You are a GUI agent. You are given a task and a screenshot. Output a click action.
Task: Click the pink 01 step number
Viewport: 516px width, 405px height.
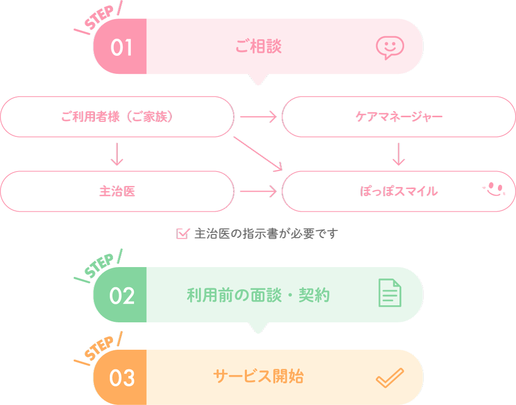coord(122,48)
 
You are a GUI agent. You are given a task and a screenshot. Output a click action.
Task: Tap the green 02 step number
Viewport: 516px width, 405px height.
coord(122,295)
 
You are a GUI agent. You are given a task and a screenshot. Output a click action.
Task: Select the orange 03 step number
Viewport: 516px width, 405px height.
coord(122,378)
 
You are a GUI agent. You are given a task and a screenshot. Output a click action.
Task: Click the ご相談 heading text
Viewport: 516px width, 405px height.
coord(258,47)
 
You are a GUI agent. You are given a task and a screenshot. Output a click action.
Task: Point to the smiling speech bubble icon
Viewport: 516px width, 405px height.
coord(390,48)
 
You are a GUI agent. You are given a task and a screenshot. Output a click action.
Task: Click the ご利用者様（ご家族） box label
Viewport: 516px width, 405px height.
coord(117,117)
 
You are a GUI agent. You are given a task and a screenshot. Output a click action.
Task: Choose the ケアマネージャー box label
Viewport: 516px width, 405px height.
coord(399,117)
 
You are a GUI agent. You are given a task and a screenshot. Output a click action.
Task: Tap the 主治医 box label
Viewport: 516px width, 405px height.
coord(117,191)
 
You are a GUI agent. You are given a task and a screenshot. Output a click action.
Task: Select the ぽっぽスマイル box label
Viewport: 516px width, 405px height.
coord(399,191)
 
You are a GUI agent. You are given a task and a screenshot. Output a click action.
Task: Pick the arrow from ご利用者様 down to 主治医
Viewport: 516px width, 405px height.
coord(117,154)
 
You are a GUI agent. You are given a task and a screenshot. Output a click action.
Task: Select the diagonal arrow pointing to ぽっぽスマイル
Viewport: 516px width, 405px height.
coord(258,153)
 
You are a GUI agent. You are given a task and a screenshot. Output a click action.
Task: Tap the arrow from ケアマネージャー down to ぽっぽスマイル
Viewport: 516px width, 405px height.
coord(398,154)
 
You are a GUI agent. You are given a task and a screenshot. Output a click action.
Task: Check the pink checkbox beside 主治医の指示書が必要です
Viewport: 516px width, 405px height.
coord(182,233)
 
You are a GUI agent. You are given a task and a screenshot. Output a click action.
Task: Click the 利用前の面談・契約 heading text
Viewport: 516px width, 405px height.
coord(258,295)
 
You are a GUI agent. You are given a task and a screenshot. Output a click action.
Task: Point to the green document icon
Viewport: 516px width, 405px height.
coord(390,293)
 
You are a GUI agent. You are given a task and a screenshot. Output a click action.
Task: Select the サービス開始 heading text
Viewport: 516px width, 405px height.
coord(258,377)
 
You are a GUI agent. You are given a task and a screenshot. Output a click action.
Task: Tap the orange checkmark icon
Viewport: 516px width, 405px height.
coord(390,378)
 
